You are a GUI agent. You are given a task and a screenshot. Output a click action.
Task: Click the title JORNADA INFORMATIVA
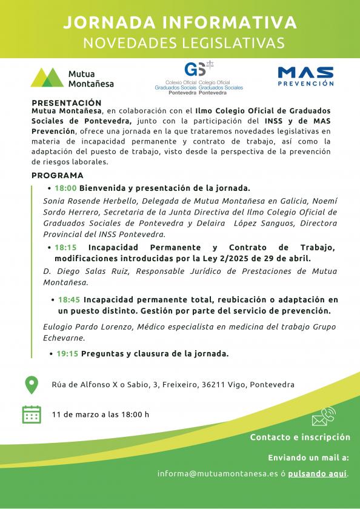[180, 23]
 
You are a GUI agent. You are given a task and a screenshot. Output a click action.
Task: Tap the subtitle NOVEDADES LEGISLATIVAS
[180, 42]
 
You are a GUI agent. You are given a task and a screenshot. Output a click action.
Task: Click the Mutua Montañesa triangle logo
[47, 77]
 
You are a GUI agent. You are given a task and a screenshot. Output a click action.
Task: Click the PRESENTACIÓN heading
[66, 103]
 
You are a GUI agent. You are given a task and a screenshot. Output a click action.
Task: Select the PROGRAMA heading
[57, 175]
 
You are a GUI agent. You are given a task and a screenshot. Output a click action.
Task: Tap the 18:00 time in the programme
[65, 188]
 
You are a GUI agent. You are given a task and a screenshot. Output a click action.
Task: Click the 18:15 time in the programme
[65, 247]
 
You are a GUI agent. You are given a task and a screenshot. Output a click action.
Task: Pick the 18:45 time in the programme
[70, 299]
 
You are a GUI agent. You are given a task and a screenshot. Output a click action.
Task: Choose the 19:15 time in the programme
[68, 354]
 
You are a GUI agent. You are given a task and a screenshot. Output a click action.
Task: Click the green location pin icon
[31, 384]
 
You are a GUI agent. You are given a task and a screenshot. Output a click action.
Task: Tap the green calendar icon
[31, 414]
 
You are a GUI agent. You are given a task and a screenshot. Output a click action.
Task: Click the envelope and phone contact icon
[324, 418]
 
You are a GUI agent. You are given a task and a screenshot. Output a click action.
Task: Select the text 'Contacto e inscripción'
[300, 437]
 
